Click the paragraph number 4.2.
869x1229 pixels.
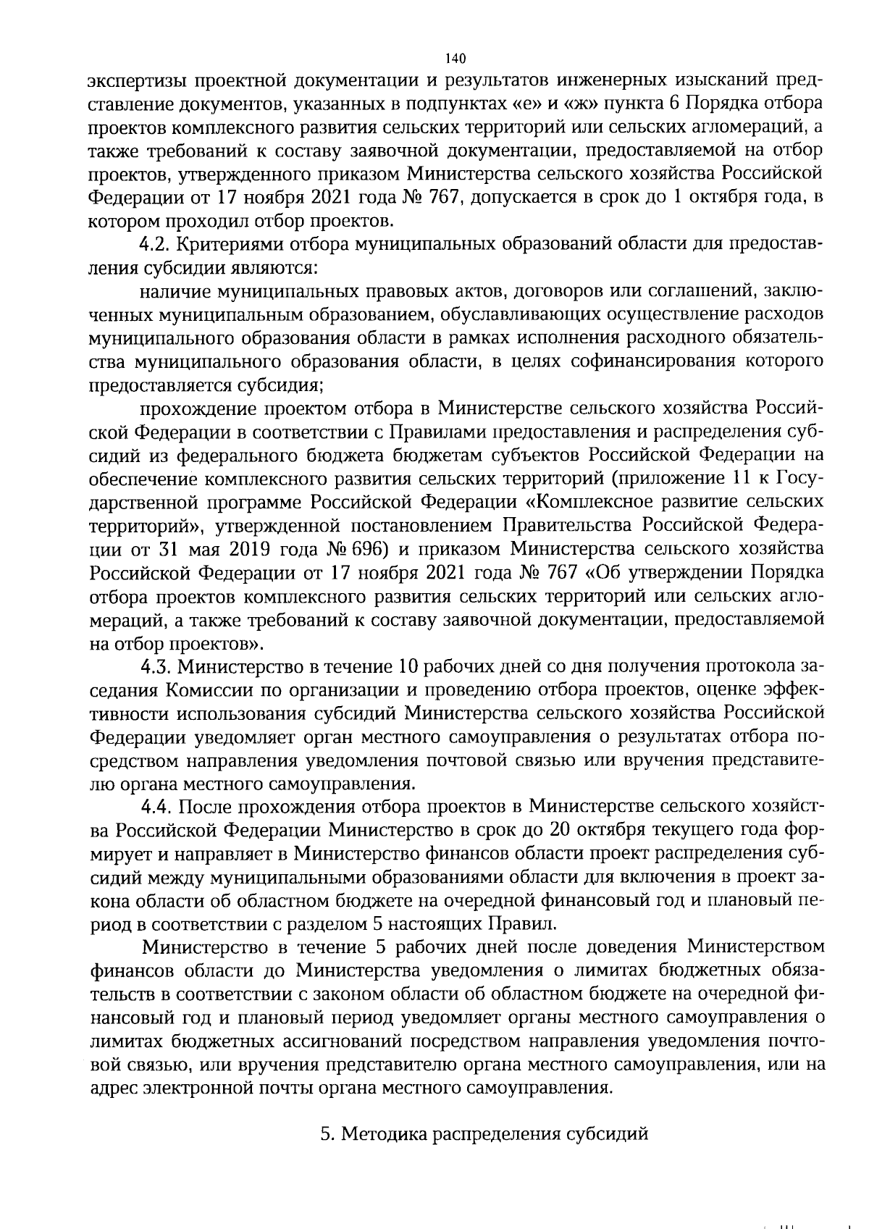tap(159, 244)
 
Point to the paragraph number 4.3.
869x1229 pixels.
tap(159, 666)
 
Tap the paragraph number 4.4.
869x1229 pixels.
tap(159, 806)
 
